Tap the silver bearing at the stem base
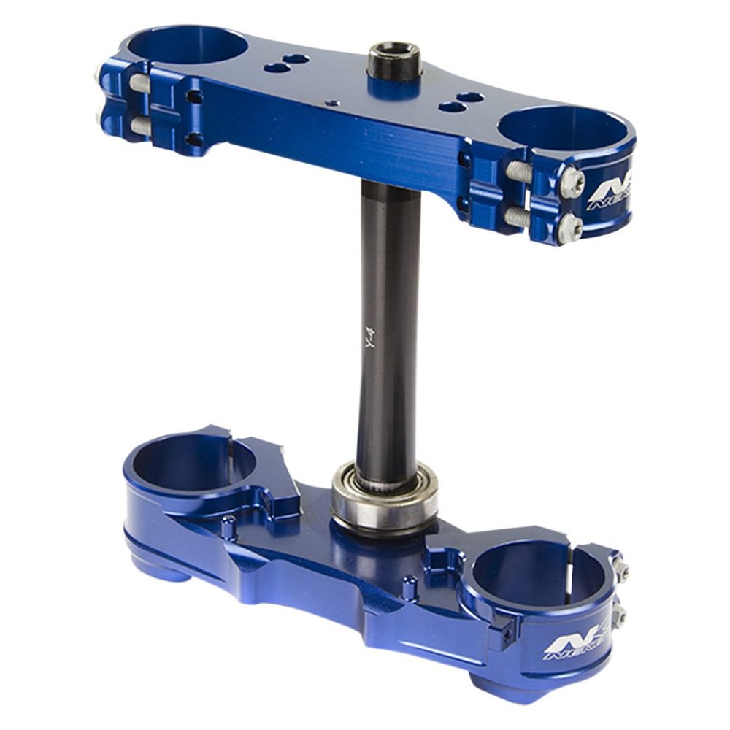(x=385, y=497)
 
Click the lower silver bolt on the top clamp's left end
(x=139, y=125)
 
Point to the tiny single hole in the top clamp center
(x=332, y=103)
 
